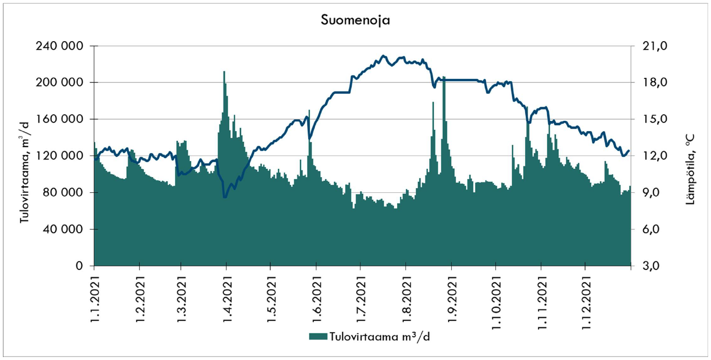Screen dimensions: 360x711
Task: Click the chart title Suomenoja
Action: point(355,21)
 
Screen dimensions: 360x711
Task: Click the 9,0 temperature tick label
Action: point(650,193)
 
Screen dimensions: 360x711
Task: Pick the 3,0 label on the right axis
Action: point(650,266)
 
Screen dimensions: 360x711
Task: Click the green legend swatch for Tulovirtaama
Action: point(318,337)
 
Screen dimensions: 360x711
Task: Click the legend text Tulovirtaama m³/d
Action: point(380,337)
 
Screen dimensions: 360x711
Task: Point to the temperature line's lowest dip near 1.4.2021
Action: point(224,197)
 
